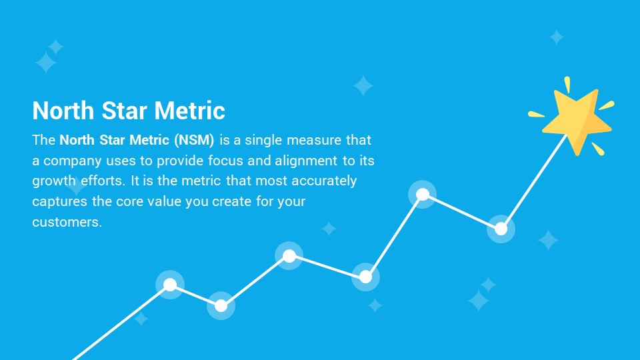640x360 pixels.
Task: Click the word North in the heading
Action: tap(63, 111)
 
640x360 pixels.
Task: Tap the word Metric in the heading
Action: tap(190, 111)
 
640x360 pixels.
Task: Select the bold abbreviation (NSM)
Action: tap(194, 140)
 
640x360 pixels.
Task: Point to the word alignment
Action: tap(306, 161)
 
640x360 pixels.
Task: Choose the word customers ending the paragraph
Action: tap(67, 222)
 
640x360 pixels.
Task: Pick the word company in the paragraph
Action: tap(73, 161)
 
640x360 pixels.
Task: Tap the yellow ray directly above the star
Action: tap(567, 85)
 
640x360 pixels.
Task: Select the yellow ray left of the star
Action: tap(536, 114)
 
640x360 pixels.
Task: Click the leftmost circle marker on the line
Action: tap(170, 285)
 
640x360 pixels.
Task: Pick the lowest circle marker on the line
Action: tap(221, 305)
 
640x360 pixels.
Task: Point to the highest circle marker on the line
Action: tap(423, 194)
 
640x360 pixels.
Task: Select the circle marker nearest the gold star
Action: tap(501, 229)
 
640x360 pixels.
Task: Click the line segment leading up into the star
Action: tap(534, 181)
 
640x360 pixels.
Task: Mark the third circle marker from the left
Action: tap(289, 256)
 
